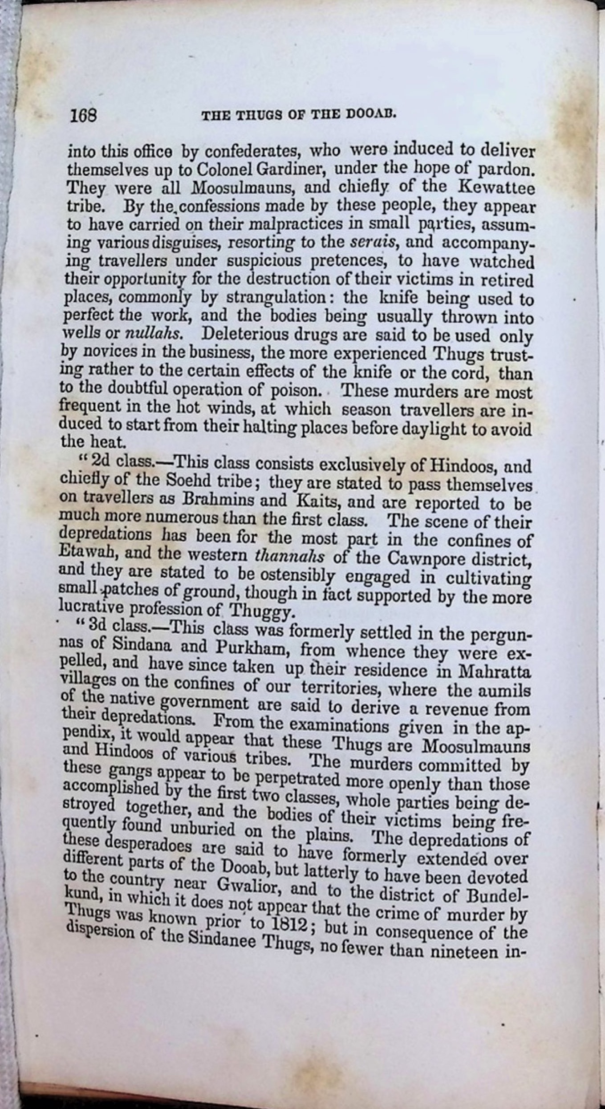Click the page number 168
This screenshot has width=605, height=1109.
coord(83,116)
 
